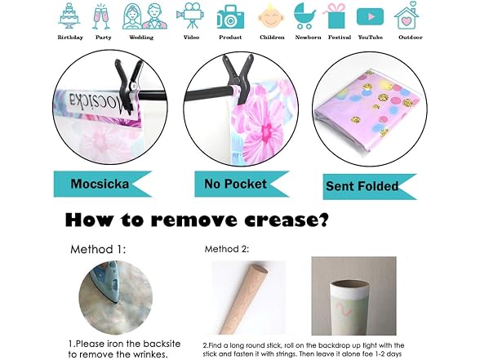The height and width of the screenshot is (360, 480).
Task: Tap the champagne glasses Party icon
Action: tap(101, 17)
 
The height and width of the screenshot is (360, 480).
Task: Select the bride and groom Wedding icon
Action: tap(144, 16)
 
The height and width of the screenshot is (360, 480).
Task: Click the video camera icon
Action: tap(190, 15)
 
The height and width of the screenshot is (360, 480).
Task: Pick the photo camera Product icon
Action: tap(230, 17)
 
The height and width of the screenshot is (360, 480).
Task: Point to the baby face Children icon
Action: tap(271, 16)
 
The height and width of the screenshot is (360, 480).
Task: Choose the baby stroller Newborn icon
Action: tap(304, 16)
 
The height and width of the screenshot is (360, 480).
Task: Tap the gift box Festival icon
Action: tap(336, 16)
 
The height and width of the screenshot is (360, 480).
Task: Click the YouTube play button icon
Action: tap(370, 16)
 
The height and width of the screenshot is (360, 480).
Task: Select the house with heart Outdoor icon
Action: tap(407, 16)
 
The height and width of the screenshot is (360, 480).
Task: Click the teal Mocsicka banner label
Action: tap(103, 184)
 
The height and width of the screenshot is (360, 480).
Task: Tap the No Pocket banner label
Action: tap(242, 184)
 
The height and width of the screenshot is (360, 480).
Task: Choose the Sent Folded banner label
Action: tap(370, 187)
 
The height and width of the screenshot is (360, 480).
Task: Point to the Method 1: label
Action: tap(98, 249)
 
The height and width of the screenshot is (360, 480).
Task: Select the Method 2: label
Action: tap(227, 249)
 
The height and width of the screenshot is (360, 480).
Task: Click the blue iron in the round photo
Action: tap(104, 282)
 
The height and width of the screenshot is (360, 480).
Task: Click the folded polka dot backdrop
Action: tap(369, 109)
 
